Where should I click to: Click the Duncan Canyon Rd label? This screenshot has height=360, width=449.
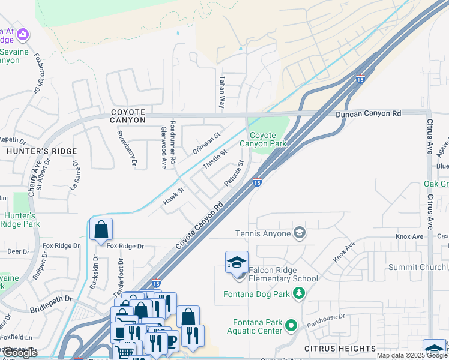368,113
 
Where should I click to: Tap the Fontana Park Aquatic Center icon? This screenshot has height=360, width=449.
291,326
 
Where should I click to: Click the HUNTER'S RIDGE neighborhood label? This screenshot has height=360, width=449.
42,151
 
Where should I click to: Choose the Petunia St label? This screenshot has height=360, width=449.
234,173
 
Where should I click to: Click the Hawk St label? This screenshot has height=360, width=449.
173,197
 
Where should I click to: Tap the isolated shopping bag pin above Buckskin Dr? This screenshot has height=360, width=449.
101,229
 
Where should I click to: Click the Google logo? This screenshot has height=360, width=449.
20,353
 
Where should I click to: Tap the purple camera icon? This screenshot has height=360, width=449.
23,35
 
